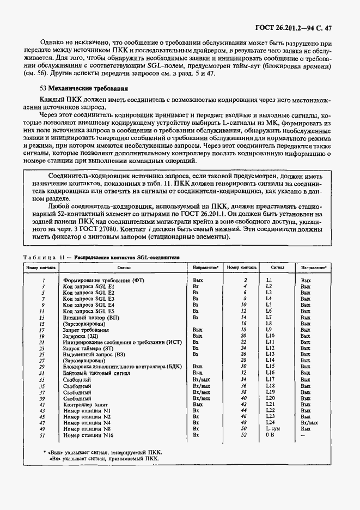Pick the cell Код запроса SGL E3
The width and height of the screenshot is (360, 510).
pos(88,299)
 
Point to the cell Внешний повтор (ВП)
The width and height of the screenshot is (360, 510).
pos(90,317)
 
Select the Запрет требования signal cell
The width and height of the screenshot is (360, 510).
pos(86,330)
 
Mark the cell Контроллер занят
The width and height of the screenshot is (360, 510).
pos(86,405)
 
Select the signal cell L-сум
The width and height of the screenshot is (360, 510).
pos(272,429)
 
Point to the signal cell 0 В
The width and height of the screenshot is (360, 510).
pos(269,436)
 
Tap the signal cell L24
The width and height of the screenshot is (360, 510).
pos(269,423)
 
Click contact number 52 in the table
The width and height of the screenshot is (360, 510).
pos(245,436)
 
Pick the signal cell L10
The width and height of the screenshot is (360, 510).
pos(269,337)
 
